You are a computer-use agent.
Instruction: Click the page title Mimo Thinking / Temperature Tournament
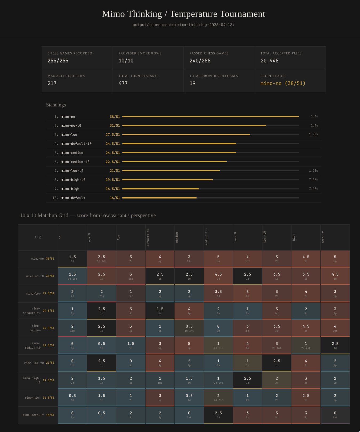(x=183, y=14)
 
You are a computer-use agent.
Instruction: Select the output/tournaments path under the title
(x=183, y=25)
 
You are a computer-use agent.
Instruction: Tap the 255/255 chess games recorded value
(x=58, y=61)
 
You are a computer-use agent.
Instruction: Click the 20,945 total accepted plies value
(x=269, y=61)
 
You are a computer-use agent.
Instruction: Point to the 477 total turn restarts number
(x=123, y=84)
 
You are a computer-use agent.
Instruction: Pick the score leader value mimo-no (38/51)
(x=283, y=84)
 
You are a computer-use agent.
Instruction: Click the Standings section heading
(x=56, y=105)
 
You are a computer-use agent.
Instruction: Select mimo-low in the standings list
(x=69, y=135)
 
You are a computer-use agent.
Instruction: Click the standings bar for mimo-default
(x=159, y=198)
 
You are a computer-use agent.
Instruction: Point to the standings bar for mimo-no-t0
(x=194, y=126)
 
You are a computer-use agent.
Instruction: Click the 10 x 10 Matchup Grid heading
(x=88, y=216)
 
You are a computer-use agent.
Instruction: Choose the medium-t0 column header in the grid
(x=206, y=237)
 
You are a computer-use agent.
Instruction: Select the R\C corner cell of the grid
(x=38, y=237)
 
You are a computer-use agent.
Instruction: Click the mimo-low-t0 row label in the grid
(x=34, y=363)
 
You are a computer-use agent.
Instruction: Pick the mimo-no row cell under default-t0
(x=160, y=259)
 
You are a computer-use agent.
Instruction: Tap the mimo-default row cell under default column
(x=335, y=415)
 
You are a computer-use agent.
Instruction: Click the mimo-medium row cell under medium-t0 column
(x=218, y=328)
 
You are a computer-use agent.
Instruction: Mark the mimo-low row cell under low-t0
(x=247, y=293)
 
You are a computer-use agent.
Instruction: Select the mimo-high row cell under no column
(x=72, y=397)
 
